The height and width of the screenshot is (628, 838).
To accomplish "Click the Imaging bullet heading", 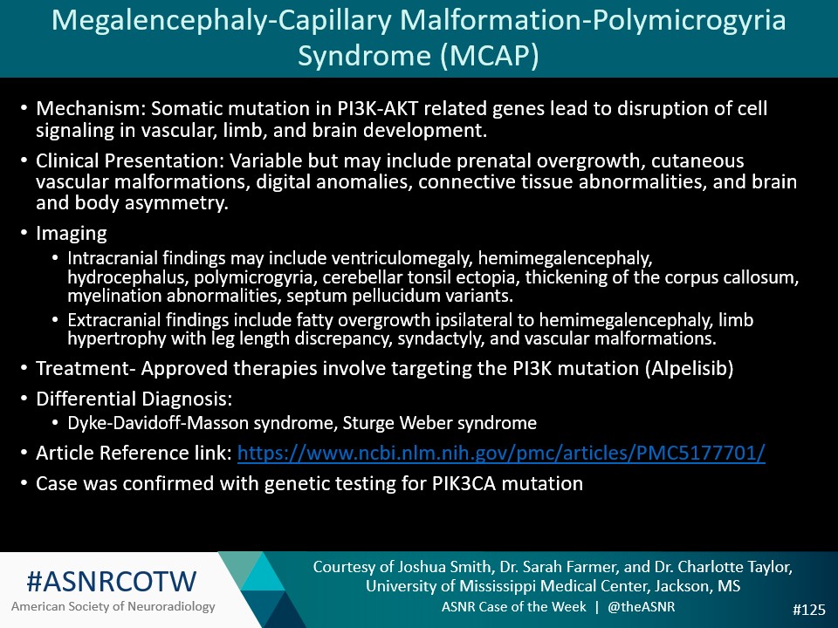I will [71, 234].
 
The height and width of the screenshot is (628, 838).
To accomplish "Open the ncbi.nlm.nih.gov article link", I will [501, 454].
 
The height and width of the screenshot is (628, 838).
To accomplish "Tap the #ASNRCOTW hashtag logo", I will [112, 580].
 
